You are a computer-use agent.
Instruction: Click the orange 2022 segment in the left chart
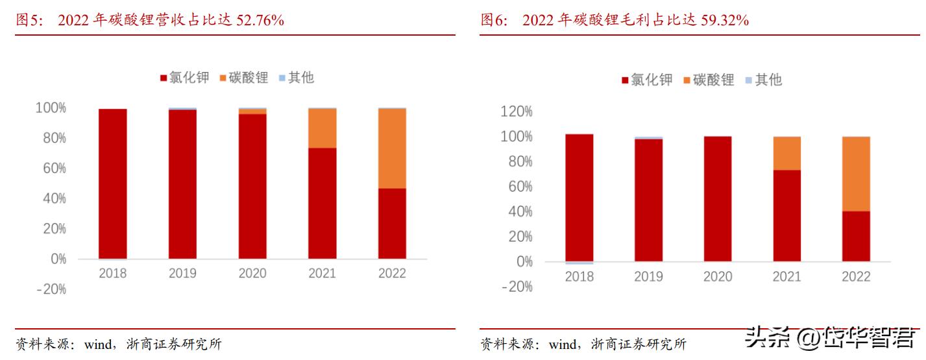click(392, 149)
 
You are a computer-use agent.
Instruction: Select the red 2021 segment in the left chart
click(323, 203)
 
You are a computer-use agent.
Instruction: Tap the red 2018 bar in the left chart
click(112, 184)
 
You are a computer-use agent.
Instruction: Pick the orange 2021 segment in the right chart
click(786, 153)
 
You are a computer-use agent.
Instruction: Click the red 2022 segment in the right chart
click(856, 236)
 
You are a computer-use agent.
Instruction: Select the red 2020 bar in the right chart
click(717, 198)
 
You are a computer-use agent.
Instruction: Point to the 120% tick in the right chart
click(517, 112)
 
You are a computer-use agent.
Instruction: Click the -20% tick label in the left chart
click(51, 289)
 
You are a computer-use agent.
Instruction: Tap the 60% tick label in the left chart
click(51, 169)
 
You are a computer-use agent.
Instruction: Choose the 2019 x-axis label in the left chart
click(182, 274)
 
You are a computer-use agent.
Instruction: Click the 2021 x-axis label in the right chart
click(786, 277)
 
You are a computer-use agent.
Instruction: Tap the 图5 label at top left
click(29, 20)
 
